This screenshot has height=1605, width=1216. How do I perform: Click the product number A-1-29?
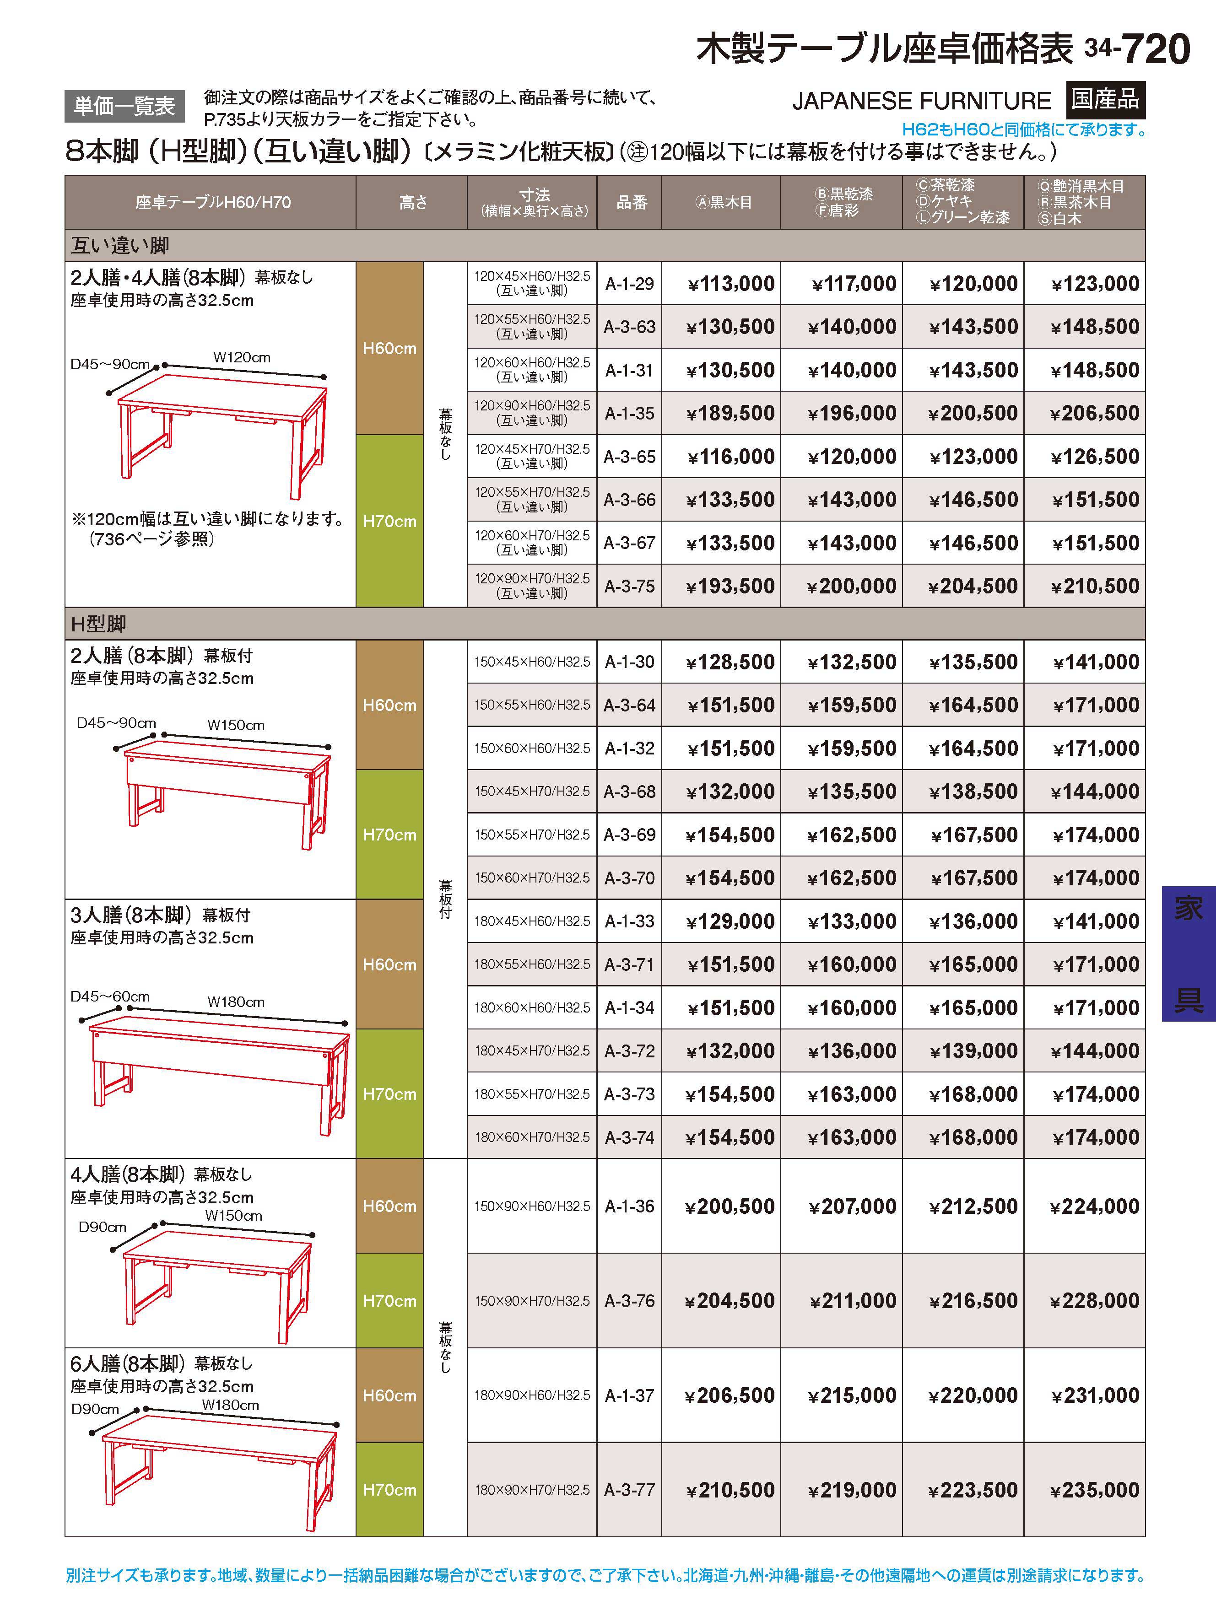pos(629,284)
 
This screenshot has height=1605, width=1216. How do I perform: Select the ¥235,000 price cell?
pos(1095,1490)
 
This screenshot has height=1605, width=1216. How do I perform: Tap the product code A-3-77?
pos(629,1490)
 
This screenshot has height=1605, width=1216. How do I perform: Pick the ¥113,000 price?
pos(731,284)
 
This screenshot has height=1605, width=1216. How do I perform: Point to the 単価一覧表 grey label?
pos(124,107)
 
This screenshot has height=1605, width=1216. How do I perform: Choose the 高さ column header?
pos(412,202)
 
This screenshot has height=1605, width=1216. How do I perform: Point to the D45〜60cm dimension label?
pos(110,996)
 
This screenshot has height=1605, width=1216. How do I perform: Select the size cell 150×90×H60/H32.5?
pos(532,1206)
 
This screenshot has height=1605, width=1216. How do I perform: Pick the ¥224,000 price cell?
pos(1095,1206)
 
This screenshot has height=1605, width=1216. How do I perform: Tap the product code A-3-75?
pos(629,586)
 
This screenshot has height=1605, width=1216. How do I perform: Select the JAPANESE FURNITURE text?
pos(921,101)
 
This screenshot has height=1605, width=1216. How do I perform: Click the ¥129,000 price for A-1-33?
pos(731,921)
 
